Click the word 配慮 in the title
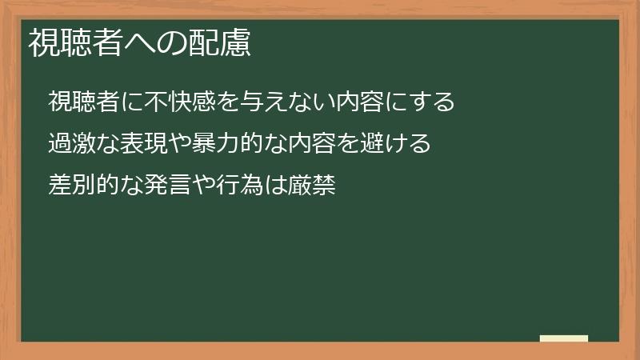pos(223,43)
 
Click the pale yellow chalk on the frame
pos(564,338)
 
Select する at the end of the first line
pos(433,102)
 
